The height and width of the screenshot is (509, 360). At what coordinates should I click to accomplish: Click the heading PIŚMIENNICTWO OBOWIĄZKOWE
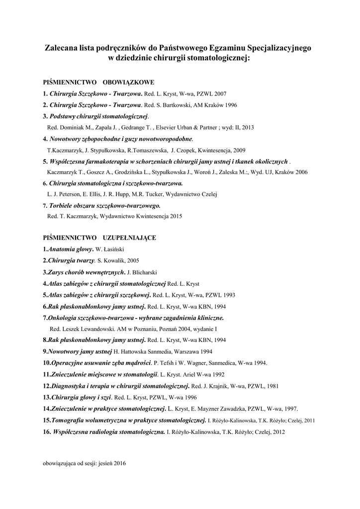98,82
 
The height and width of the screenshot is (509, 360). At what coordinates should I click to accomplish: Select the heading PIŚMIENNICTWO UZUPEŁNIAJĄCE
99,238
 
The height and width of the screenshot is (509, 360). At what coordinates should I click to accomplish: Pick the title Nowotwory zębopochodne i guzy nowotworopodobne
120,139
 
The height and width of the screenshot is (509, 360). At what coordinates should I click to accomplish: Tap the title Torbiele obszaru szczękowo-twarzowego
104,205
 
